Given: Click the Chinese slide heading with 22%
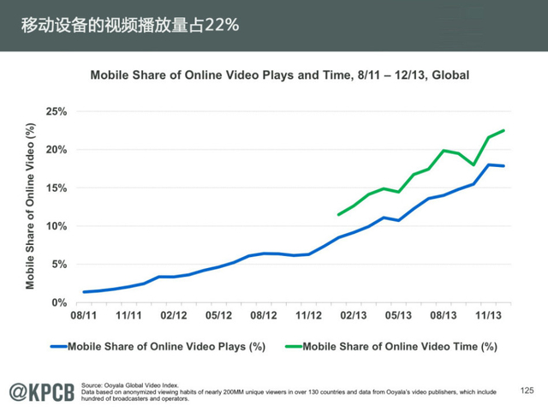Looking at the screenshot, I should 130,25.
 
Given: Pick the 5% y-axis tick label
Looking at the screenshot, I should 57,264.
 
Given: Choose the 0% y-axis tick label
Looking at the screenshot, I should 57,302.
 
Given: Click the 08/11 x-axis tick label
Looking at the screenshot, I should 84,315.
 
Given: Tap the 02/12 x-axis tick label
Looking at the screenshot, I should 175,315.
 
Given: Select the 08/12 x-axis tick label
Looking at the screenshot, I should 264,315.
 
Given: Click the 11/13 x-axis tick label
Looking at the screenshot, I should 488,315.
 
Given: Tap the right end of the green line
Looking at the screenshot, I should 503,130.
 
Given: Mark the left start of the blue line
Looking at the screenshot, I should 84,292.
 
